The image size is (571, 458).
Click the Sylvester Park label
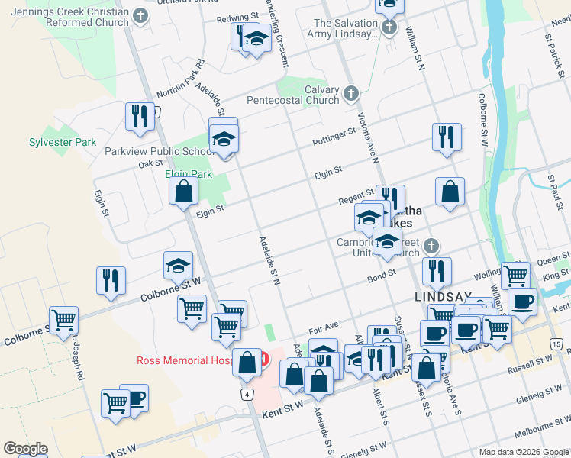[63, 142]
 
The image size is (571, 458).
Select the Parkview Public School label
[159, 151]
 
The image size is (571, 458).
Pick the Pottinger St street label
[334, 137]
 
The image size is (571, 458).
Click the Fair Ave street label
[323, 330]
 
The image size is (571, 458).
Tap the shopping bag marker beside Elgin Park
[184, 192]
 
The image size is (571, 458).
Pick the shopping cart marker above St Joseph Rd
[63, 320]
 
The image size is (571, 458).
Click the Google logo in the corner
[25, 449]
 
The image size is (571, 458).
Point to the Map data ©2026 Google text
[524, 452]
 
